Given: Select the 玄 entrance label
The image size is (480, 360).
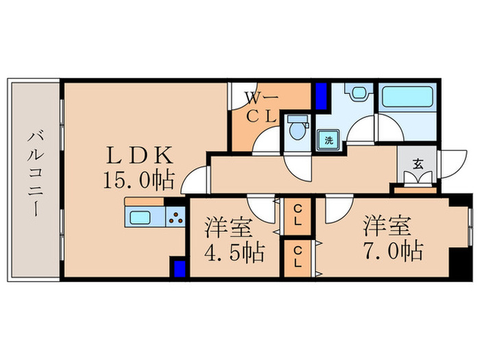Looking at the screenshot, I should click(418, 164).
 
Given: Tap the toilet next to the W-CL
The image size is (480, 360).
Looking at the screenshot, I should click(297, 130).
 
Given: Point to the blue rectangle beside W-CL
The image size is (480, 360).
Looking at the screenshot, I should click(320, 97).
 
